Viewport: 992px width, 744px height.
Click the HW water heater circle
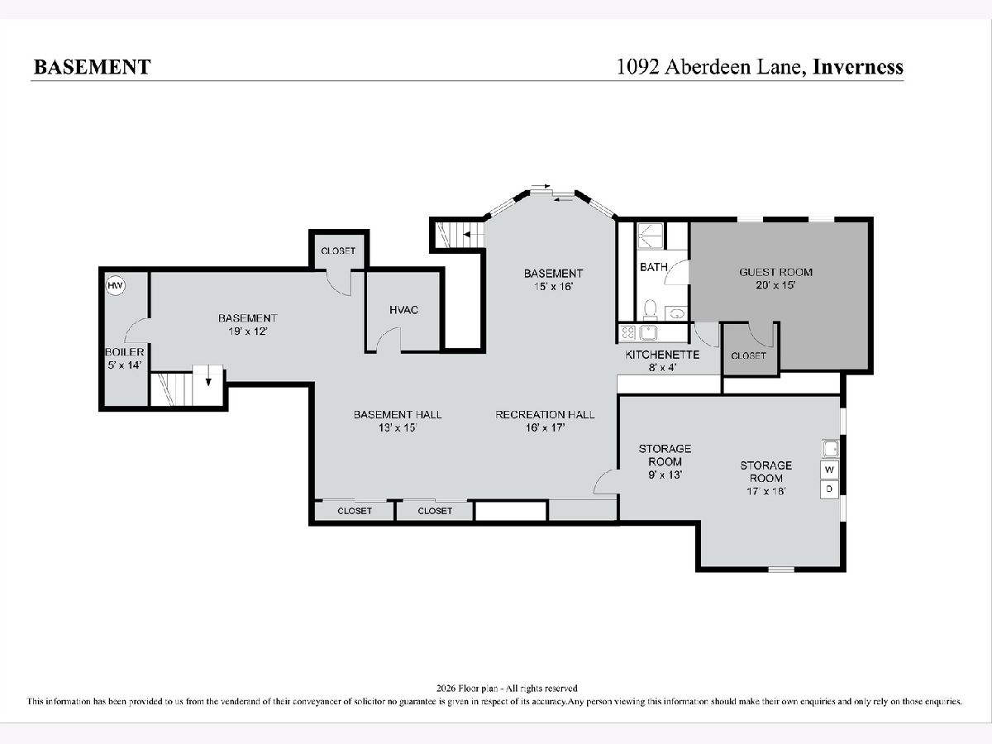pos(115,285)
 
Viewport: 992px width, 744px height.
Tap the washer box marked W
pos(829,470)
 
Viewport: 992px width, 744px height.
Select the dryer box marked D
pos(829,489)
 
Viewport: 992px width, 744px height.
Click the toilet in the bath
pos(651,308)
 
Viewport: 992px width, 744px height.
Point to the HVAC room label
pos(403,310)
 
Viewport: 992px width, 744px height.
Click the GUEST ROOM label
pos(775,273)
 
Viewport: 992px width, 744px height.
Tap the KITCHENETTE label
pos(662,355)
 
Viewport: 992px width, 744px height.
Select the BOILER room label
pos(124,352)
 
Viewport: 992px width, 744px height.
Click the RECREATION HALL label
pos(545,415)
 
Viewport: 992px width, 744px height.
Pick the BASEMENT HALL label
pos(398,415)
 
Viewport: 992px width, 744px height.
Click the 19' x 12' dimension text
pos(248,331)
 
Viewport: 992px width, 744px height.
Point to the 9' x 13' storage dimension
pos(665,475)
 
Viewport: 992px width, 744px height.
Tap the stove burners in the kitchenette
pos(627,333)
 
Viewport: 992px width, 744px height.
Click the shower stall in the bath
pos(650,236)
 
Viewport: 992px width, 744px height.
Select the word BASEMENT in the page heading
pos(93,67)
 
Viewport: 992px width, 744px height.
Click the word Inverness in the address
pos(858,67)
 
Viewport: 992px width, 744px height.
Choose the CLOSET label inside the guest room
pos(748,356)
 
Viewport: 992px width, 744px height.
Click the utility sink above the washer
pos(830,449)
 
